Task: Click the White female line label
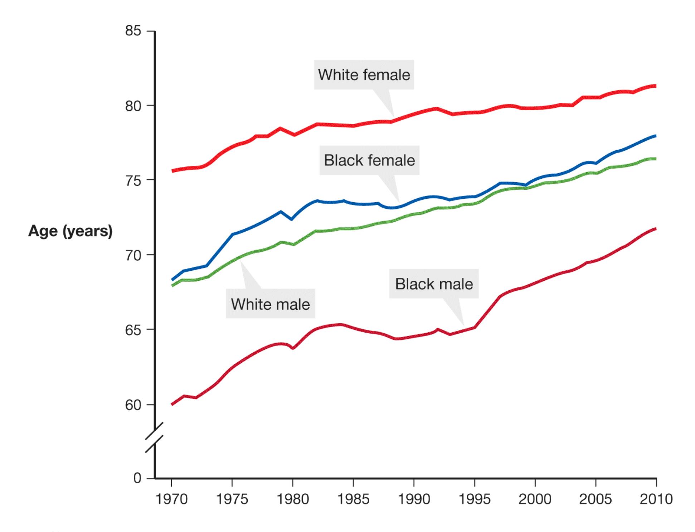click(364, 75)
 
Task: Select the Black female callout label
click(369, 160)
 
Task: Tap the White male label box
click(270, 304)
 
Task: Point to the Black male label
click(434, 284)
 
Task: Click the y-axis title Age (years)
click(71, 231)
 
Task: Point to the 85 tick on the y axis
click(133, 31)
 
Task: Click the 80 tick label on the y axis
click(133, 106)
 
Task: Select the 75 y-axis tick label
click(133, 181)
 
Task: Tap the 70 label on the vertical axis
click(133, 256)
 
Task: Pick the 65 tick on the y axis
click(133, 330)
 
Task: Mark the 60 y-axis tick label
click(133, 405)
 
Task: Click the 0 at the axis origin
click(137, 478)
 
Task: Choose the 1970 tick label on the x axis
click(171, 499)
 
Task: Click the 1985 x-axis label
click(353, 499)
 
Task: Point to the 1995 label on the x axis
click(475, 499)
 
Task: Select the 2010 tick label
click(656, 499)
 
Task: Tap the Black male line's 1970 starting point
click(172, 404)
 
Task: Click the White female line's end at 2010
click(655, 86)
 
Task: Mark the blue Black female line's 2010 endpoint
click(655, 136)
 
